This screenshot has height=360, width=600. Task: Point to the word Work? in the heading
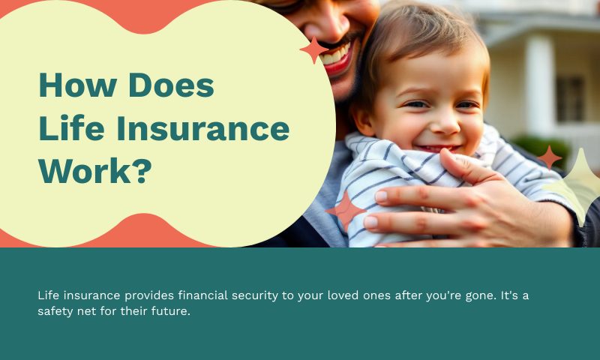coord(95,172)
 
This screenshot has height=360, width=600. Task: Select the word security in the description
coord(252,295)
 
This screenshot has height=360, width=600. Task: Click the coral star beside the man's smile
coord(314,49)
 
